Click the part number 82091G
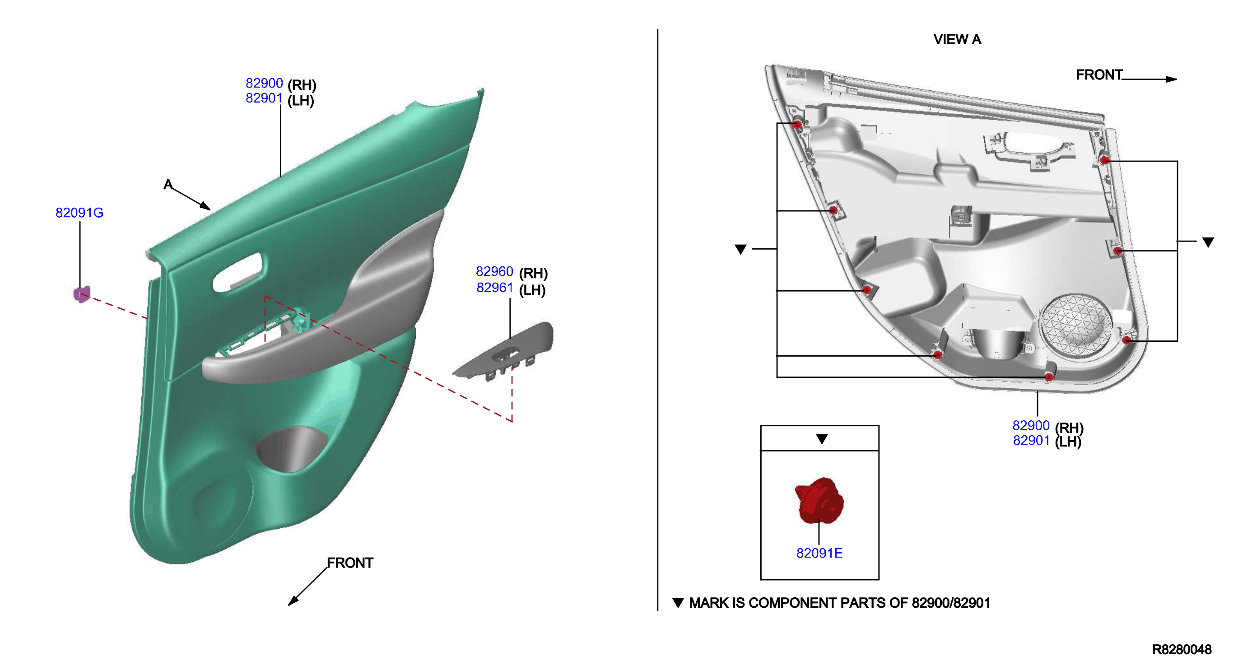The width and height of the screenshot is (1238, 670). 79,213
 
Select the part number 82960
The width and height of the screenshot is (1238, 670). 494,271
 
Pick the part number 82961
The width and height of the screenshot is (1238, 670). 494,288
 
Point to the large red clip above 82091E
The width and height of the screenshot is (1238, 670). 819,500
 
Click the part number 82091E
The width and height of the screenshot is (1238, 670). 819,553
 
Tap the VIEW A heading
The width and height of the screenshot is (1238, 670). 957,39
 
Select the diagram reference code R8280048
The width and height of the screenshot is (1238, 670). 1182,650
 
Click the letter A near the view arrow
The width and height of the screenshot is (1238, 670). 168,184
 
